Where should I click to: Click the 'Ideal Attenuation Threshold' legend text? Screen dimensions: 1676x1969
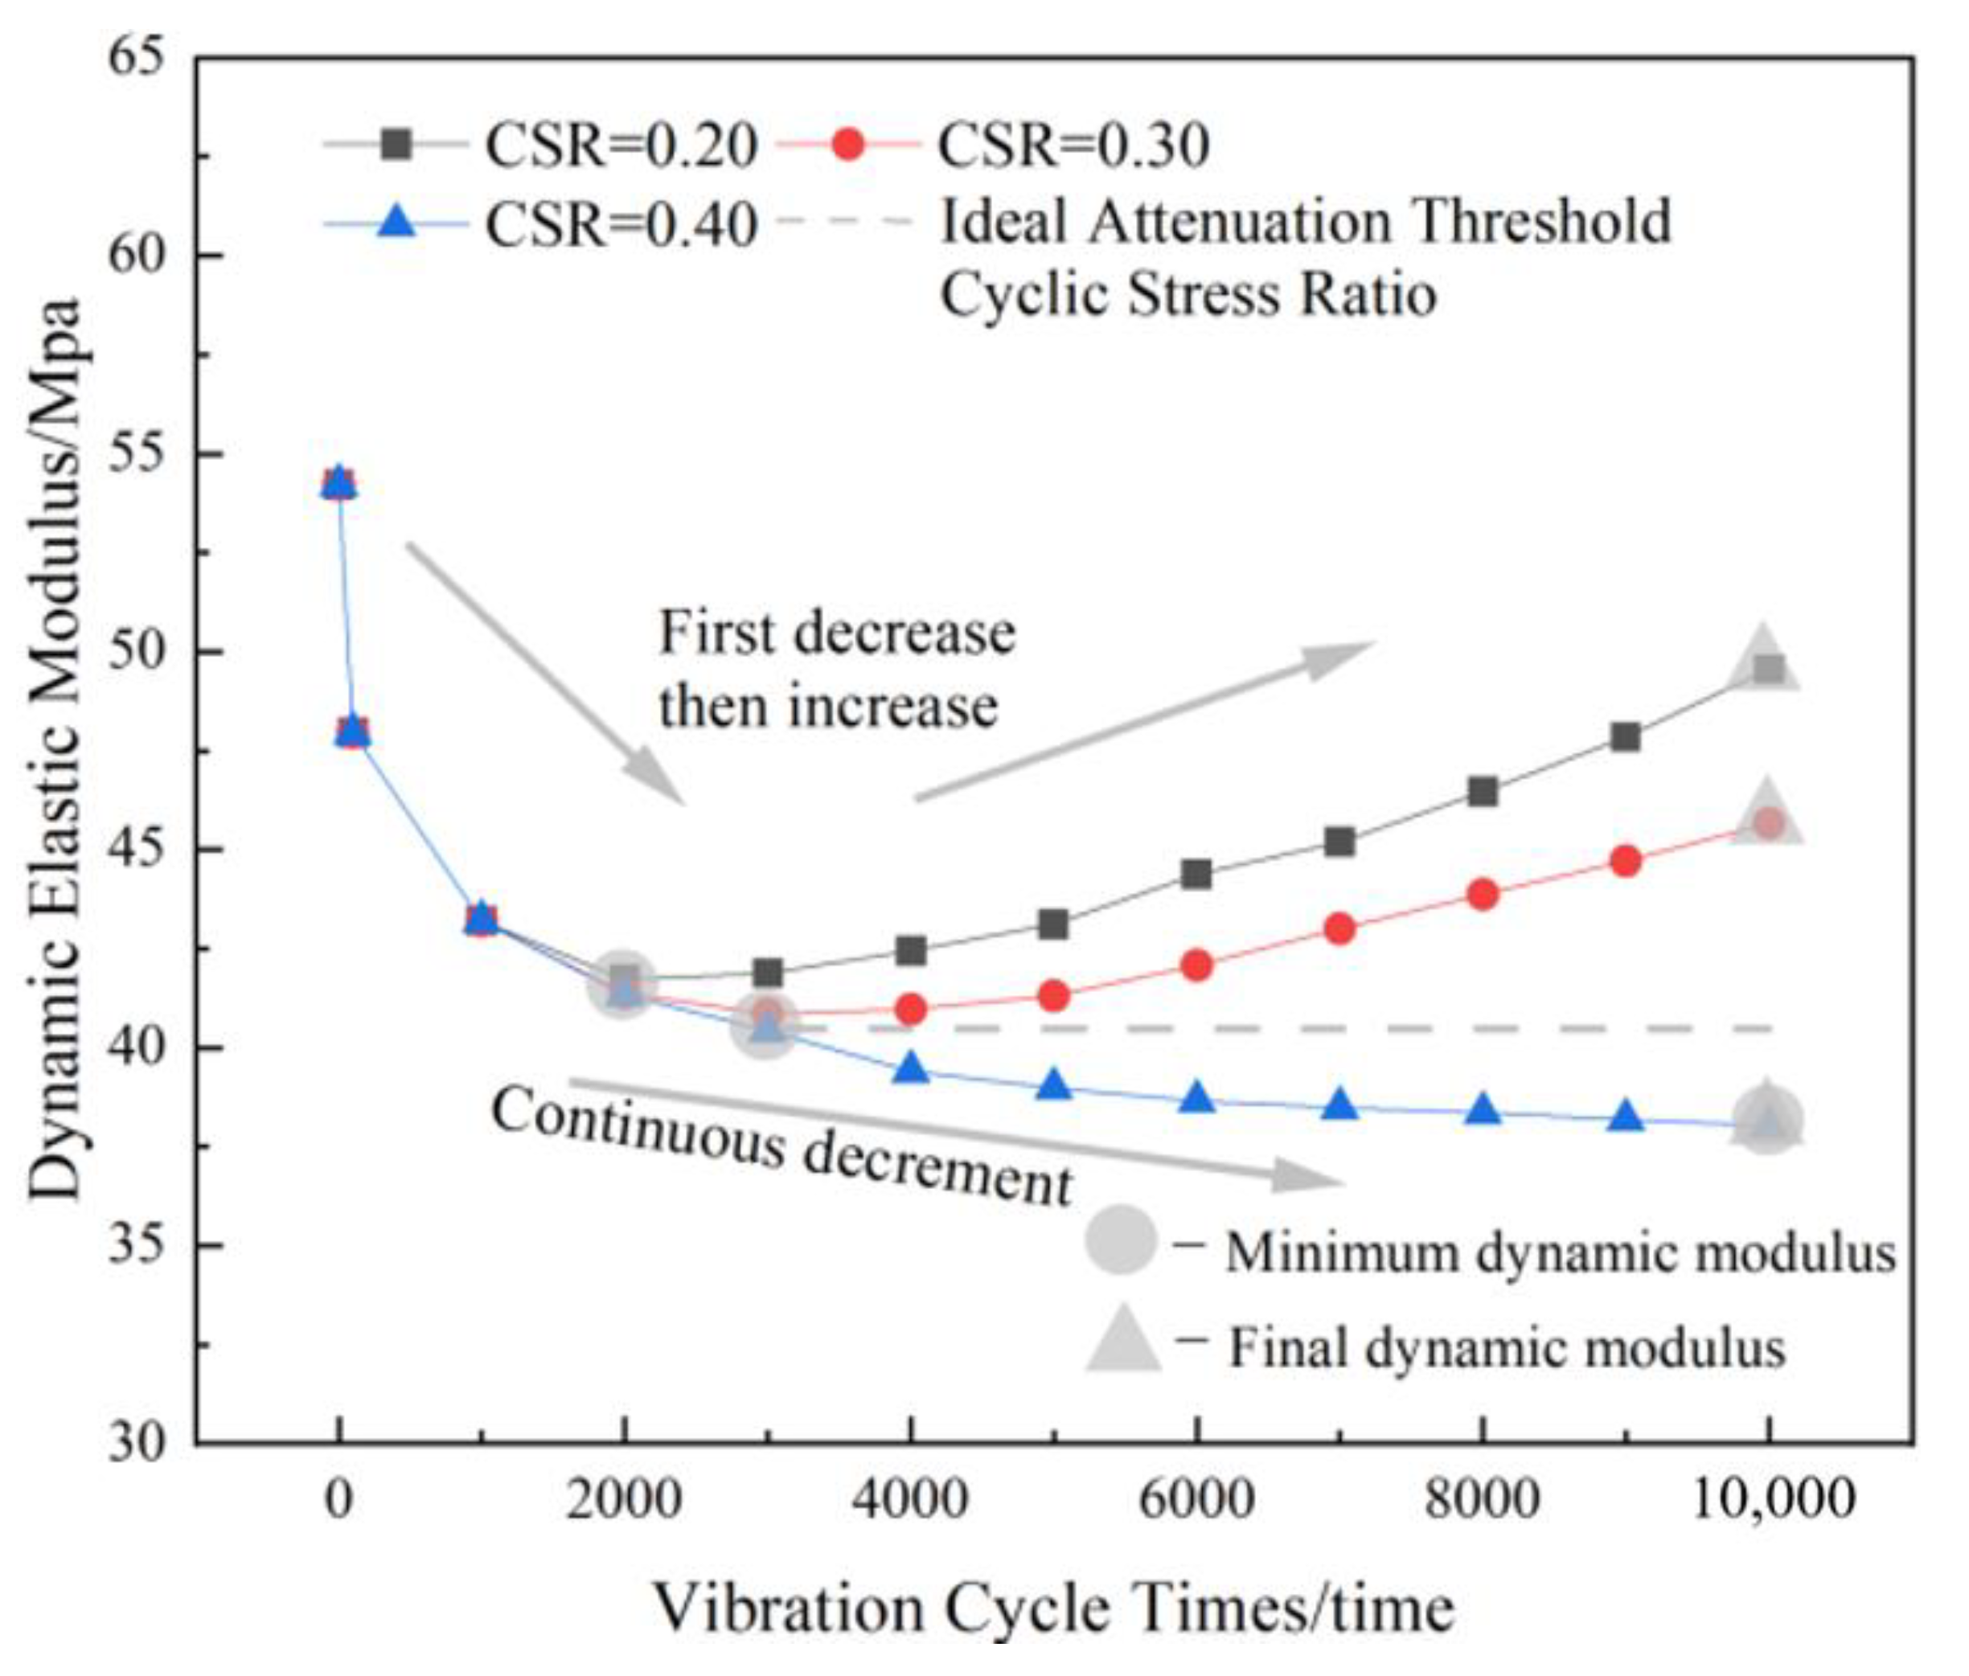click(x=1304, y=221)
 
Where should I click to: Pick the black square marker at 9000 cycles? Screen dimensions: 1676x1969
click(x=1625, y=736)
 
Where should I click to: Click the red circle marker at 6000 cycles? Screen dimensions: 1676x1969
click(x=1196, y=966)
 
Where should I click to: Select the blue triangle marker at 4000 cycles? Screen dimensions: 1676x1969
click(x=911, y=1068)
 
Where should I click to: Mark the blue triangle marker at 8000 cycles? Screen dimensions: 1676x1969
click(x=1483, y=1110)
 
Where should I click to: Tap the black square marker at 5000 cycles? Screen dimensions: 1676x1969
click(x=1053, y=924)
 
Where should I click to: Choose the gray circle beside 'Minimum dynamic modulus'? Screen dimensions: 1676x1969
click(x=1122, y=1239)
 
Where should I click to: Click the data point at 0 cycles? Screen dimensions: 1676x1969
click(x=339, y=485)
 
